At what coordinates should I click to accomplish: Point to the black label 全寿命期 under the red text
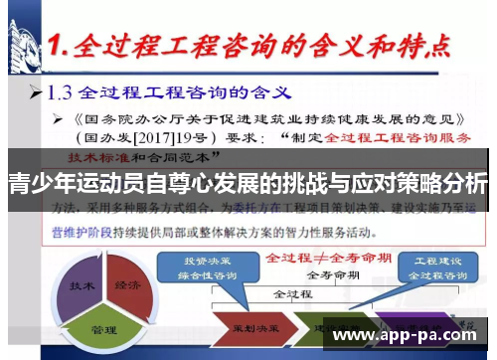(327, 273)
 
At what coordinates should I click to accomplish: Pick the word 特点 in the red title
(416, 46)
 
